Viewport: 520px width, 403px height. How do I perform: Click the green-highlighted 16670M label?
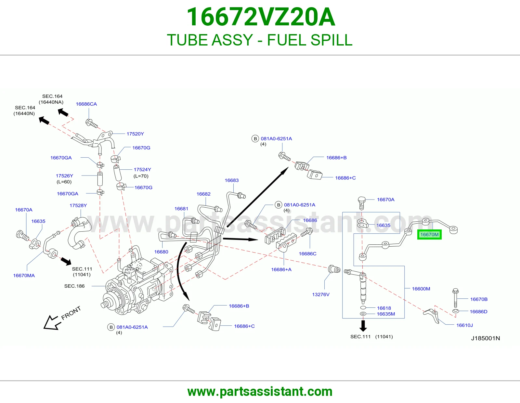click(429, 235)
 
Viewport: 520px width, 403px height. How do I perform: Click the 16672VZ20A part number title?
click(261, 17)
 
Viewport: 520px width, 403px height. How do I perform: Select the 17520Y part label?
click(135, 134)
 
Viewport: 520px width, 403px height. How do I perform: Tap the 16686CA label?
click(86, 104)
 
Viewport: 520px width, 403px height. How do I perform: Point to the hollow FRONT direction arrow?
click(52, 322)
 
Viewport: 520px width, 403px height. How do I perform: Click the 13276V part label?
click(321, 294)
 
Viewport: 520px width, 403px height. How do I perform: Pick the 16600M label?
click(421, 289)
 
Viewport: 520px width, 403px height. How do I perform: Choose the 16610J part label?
click(464, 325)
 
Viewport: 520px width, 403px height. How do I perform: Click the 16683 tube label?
click(232, 180)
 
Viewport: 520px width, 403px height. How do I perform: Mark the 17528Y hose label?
click(78, 205)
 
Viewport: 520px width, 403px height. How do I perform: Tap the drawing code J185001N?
click(486, 338)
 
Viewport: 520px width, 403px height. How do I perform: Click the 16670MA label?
click(24, 276)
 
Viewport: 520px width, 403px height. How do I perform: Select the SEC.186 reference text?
click(74, 286)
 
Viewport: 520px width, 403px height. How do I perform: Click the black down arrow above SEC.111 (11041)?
click(363, 326)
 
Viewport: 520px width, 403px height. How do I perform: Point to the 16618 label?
click(384, 308)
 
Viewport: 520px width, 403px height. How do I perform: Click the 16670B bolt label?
click(479, 299)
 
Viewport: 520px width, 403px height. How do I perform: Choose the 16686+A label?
click(281, 269)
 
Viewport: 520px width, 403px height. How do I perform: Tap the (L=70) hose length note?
click(141, 176)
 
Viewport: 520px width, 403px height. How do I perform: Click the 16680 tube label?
click(161, 252)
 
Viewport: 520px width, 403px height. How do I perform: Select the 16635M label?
click(386, 314)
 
